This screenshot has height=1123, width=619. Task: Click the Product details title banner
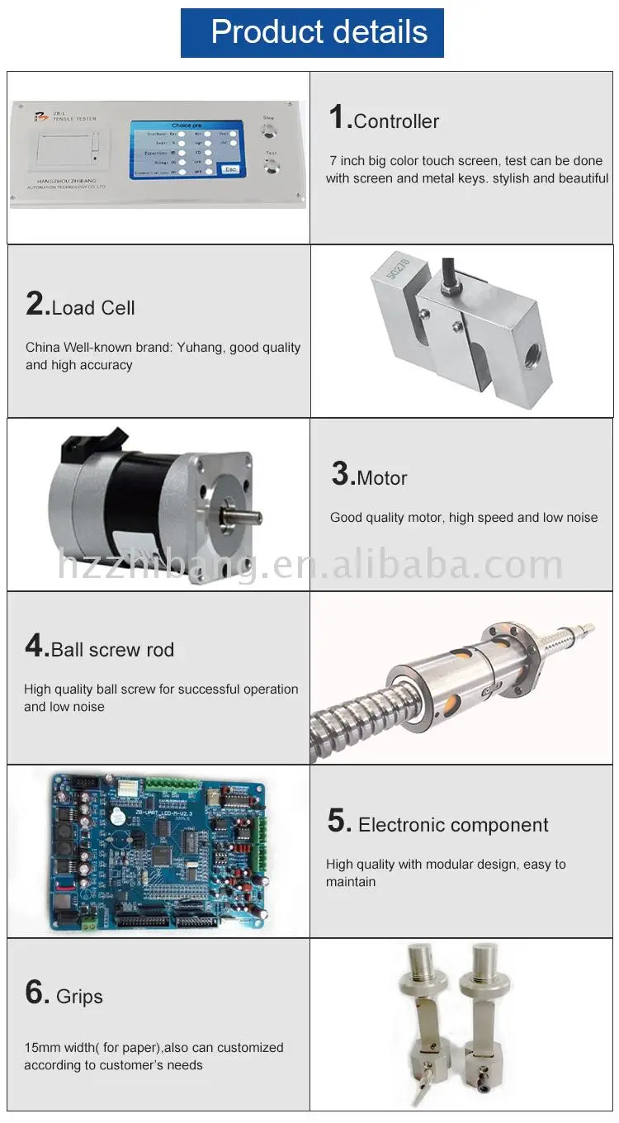(312, 32)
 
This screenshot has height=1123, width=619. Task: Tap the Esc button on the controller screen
(230, 169)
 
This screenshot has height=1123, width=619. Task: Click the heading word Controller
(396, 121)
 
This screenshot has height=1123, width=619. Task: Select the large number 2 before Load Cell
(37, 305)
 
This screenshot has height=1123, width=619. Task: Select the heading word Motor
(382, 478)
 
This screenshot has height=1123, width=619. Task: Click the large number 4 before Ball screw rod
(36, 647)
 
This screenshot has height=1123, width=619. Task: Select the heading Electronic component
(453, 825)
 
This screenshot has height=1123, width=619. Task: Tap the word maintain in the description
(351, 882)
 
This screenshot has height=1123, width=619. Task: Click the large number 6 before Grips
(37, 993)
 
